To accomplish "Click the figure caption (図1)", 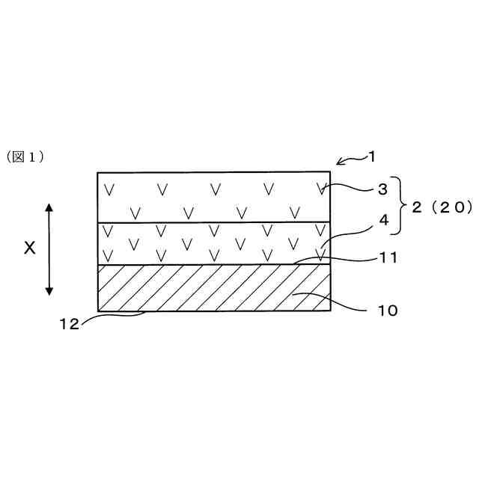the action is coord(27,156).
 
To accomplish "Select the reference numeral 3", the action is coord(382,189).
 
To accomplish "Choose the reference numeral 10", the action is coord(388,308).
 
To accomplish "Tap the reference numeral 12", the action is coord(69,323).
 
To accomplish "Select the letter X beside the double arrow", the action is coord(29,248).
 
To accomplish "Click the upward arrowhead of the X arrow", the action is coord(49,207).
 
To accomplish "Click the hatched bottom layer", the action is coord(213,288).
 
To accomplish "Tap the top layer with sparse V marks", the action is coord(213,198).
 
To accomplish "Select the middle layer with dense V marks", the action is coord(213,243).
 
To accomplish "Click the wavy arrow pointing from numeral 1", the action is coord(348,159).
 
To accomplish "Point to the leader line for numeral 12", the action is coord(112,316).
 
